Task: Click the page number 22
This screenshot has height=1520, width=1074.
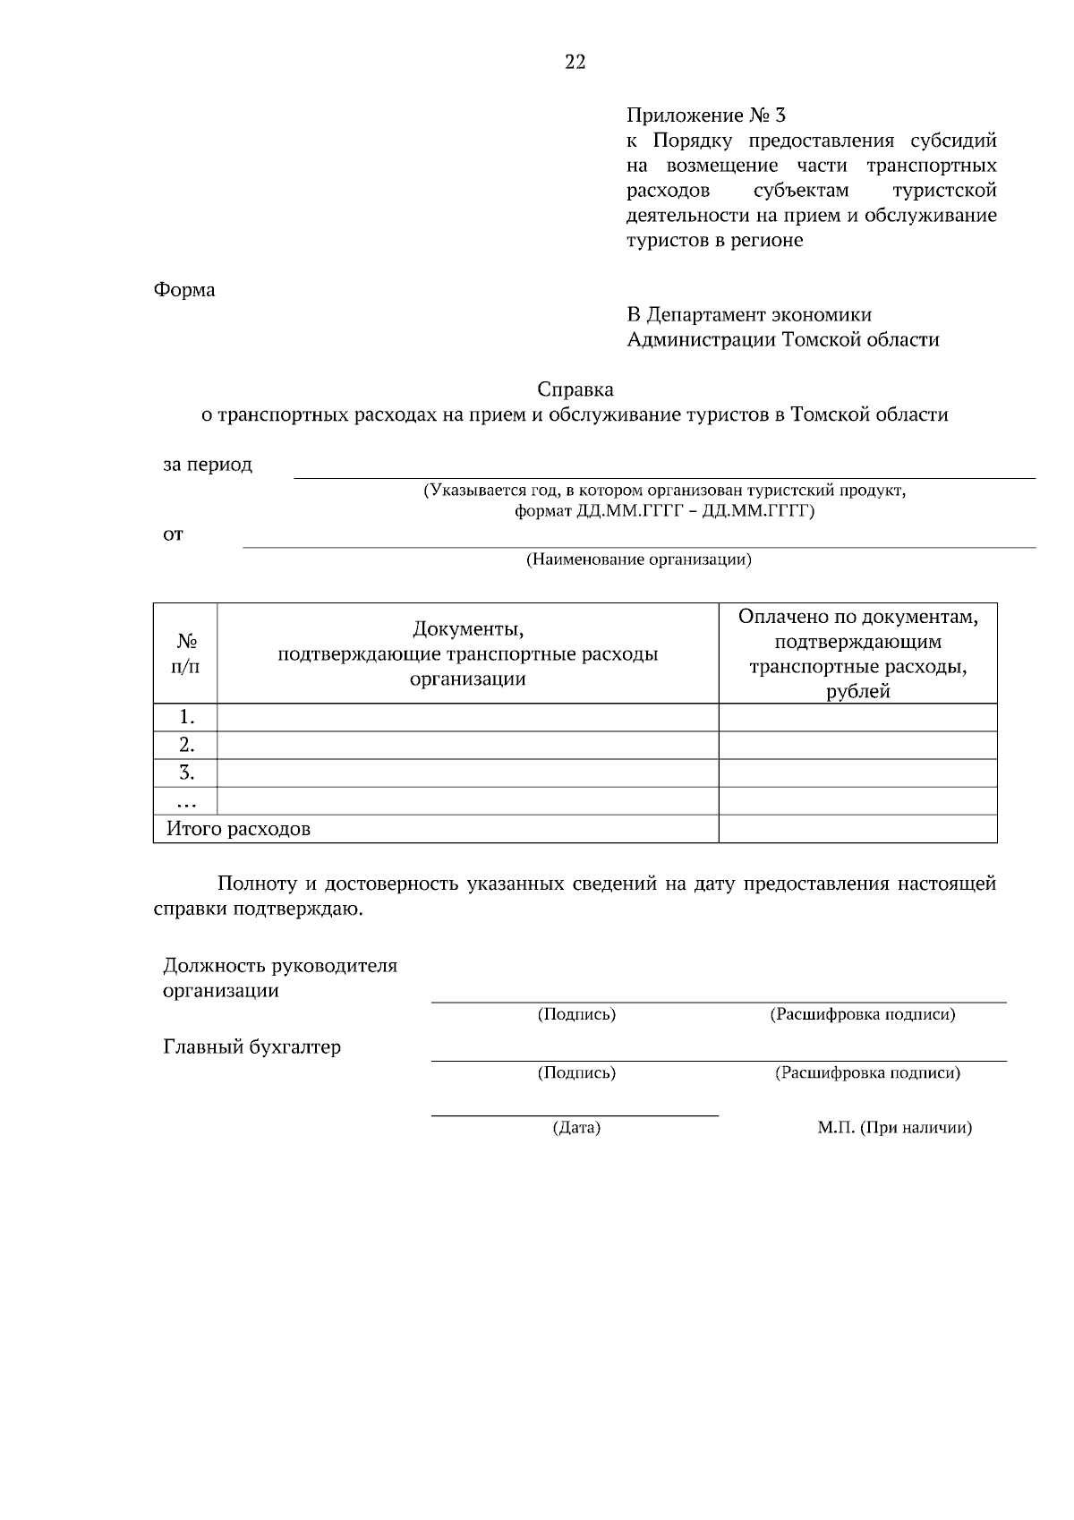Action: [575, 62]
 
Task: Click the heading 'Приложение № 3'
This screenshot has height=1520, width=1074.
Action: [705, 115]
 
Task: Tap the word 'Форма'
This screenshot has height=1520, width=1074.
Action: [184, 290]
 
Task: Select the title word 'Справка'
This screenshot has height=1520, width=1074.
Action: [575, 389]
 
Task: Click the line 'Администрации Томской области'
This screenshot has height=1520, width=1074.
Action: [782, 339]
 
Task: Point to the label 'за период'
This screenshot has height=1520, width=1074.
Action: [208, 465]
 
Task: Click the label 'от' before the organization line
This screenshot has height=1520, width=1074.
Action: [173, 534]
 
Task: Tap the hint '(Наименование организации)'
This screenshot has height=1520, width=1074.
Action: [637, 560]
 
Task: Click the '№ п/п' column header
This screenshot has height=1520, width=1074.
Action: [185, 654]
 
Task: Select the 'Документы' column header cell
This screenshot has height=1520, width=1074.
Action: [467, 653]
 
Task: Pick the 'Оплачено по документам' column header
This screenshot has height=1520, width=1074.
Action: [857, 653]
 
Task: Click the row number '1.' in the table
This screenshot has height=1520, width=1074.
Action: [186, 717]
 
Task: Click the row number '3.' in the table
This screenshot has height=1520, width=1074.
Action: [186, 773]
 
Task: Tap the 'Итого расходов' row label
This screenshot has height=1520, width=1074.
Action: [238, 829]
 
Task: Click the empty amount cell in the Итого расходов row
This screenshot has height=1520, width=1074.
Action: [857, 829]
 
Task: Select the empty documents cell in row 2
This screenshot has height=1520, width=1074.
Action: [467, 745]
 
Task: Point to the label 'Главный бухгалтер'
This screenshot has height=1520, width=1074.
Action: [251, 1046]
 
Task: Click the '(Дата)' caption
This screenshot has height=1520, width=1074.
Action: [575, 1128]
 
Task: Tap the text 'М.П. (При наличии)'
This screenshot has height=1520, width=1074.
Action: [893, 1128]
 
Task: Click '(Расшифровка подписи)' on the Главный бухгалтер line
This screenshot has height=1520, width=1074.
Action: [866, 1072]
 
